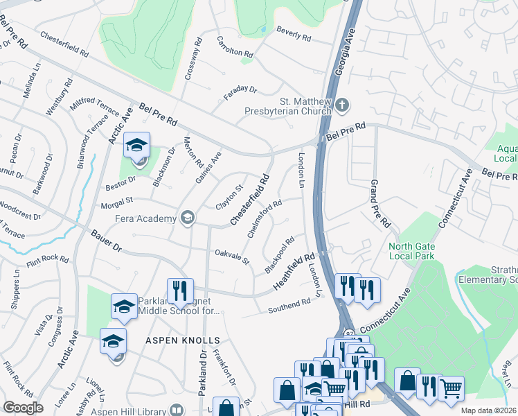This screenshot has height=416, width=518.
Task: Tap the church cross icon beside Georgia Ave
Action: [x=342, y=105]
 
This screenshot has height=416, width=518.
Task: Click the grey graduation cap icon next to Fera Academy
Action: [x=186, y=219]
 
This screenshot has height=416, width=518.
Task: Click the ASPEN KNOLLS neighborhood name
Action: [x=183, y=340]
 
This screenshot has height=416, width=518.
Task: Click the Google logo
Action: [x=23, y=408]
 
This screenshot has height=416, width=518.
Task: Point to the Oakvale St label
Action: [x=231, y=256]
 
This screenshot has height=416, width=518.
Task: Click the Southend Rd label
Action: [x=289, y=306]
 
